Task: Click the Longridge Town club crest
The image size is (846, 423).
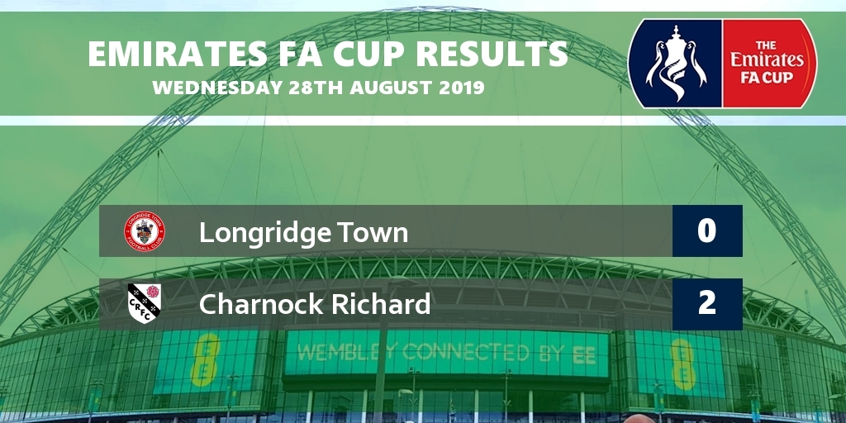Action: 145,231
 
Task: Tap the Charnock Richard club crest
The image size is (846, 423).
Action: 145,304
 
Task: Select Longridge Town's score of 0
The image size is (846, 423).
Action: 707,231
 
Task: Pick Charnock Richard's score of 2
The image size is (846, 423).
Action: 707,304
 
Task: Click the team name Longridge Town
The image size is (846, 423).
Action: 304,233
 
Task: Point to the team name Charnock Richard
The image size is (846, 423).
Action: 315,304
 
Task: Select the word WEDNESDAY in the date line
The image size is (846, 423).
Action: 217,88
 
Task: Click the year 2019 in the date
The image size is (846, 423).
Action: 461,88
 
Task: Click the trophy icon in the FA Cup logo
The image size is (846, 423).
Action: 676,63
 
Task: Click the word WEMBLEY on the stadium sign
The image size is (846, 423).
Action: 346,354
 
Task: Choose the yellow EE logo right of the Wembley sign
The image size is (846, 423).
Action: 682,364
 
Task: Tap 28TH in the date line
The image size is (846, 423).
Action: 316,88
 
